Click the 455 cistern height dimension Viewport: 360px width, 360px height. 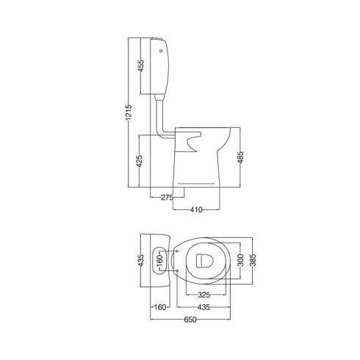tap(141, 66)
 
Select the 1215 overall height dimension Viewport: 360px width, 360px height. tap(129, 112)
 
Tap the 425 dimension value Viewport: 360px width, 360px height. tap(139, 161)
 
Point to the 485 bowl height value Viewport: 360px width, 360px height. tap(240, 157)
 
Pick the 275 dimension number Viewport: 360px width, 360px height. tap(167, 197)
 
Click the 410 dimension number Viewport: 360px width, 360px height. tap(196, 209)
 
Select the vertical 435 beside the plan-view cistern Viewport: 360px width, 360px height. tap(140, 260)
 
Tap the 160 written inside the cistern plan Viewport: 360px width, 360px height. tap(159, 261)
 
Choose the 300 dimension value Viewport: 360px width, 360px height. tap(240, 260)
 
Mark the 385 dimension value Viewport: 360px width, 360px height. tap(253, 260)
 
